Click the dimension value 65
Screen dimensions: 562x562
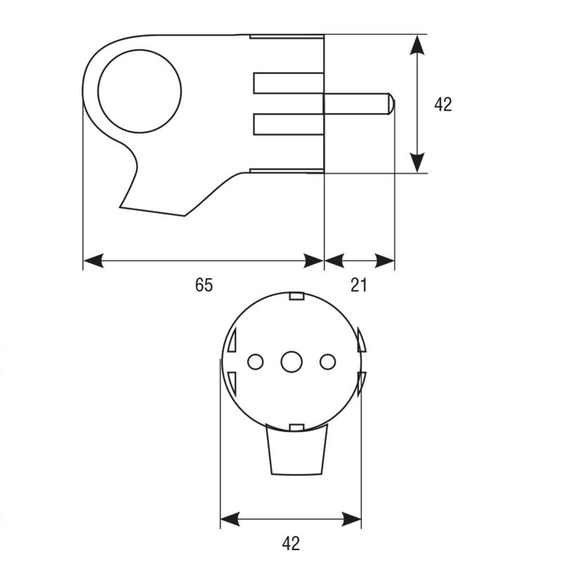point(204,285)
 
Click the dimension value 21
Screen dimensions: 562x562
point(359,285)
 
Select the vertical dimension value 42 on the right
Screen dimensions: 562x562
point(443,104)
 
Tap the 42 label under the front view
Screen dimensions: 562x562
point(291,543)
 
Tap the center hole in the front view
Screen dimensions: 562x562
point(292,362)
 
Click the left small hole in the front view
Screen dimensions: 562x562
point(255,362)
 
